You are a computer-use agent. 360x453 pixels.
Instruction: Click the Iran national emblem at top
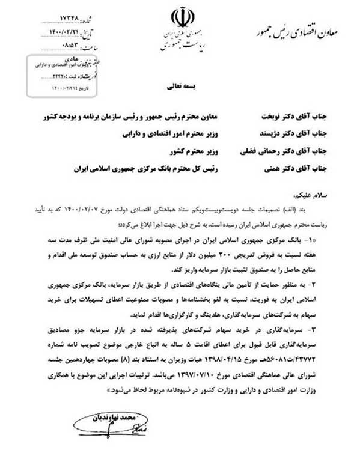coord(180,16)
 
